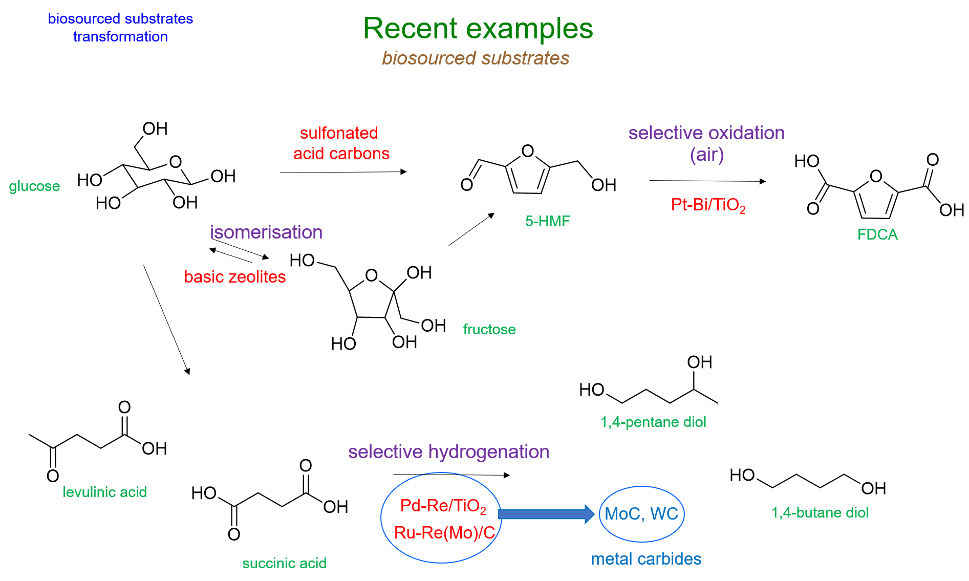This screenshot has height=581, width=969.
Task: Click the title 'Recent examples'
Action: pos(478,28)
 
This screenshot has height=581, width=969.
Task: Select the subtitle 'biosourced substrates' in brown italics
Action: pos(476,58)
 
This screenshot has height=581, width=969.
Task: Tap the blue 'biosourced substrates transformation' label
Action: pos(120,28)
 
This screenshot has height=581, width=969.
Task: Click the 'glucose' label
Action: pos(34,186)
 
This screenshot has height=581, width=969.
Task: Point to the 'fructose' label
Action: pos(489,329)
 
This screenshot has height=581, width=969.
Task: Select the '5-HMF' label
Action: pos(547,221)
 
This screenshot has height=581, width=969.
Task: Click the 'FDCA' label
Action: pos(877,234)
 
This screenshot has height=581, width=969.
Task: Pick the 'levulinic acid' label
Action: pos(104,492)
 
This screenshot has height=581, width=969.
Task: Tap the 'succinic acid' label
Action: pos(284,563)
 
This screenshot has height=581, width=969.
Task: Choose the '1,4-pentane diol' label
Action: pos(653,422)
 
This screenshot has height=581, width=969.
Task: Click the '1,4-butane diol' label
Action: pos(820,512)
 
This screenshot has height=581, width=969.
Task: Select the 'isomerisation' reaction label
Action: pos(266,232)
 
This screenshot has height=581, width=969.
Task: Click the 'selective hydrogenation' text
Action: pos(448,452)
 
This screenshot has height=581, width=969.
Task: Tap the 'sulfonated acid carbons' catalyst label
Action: pos(341,143)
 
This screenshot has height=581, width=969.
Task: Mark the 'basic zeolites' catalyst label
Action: pos(235,277)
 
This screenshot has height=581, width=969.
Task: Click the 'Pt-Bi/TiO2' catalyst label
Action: pos(708,205)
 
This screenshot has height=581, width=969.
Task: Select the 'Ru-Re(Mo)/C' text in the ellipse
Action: pos(444,533)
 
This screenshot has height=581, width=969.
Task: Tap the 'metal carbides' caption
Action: pos(646,559)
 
